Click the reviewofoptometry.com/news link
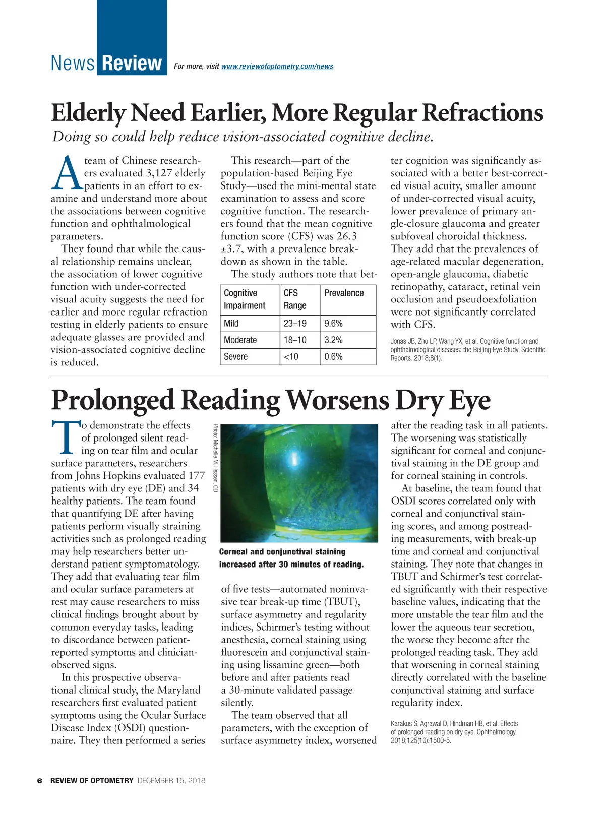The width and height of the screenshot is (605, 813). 277,66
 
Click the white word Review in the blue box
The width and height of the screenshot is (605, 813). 132,64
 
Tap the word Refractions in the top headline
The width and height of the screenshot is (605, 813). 482,112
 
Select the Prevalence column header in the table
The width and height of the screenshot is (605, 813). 344,293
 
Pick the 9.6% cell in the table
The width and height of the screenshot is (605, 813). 333,323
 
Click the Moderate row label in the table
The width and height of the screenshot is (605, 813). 240,340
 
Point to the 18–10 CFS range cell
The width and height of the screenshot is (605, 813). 295,340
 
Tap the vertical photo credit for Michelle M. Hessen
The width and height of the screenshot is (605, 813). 215,458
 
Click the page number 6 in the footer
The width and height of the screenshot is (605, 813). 39,780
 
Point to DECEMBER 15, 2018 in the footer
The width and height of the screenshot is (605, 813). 171,780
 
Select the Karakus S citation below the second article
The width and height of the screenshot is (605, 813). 454,732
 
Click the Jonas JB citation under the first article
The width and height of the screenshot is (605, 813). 467,350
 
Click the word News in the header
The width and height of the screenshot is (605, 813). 73,64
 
